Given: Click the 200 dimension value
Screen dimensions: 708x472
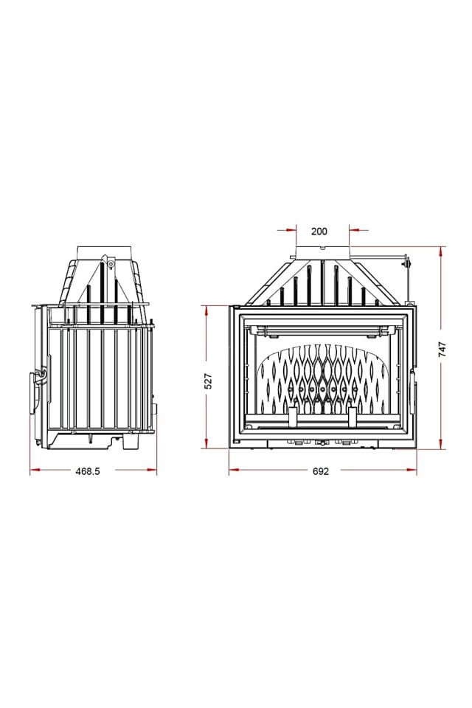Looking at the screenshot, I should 319,231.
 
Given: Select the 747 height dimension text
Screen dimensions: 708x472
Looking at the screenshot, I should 442,349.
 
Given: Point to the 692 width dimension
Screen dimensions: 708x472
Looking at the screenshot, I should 320,471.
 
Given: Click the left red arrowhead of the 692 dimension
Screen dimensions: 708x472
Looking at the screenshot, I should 233,468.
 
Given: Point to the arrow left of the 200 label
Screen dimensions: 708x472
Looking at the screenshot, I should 291,230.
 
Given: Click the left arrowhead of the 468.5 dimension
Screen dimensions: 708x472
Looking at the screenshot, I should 34,468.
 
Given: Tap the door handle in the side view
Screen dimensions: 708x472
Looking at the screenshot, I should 35,391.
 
